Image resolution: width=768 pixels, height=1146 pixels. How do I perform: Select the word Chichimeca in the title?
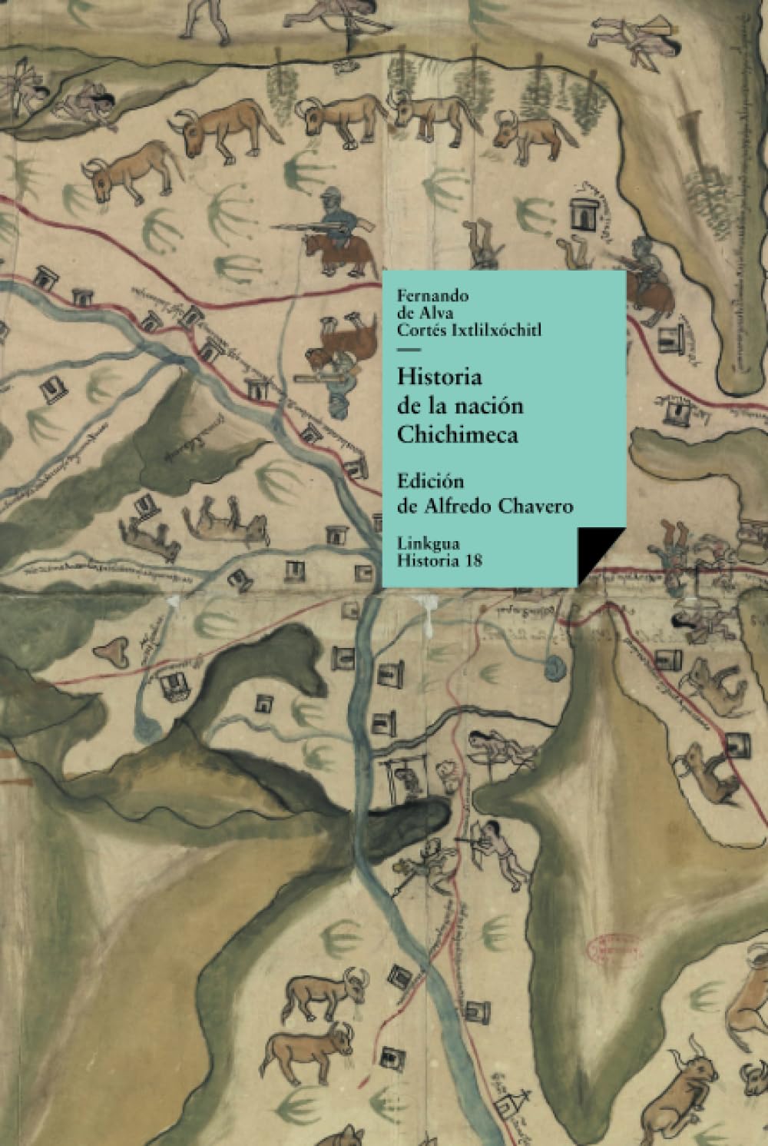458,434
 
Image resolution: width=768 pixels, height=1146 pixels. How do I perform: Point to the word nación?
491,406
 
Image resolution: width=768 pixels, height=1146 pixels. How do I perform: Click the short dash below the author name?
406,351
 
